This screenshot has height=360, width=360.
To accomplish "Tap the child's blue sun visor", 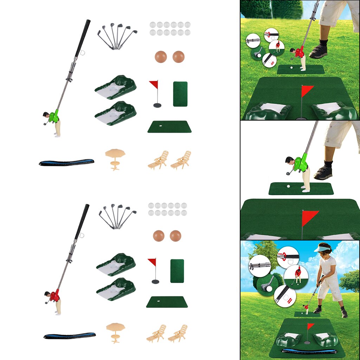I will (322, 249).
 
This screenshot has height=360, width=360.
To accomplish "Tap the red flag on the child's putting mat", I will (311, 326).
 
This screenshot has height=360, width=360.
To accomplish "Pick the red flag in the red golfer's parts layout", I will (152, 262).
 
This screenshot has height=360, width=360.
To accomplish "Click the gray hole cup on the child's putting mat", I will (307, 342).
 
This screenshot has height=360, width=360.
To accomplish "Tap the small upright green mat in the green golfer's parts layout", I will (180, 94).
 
